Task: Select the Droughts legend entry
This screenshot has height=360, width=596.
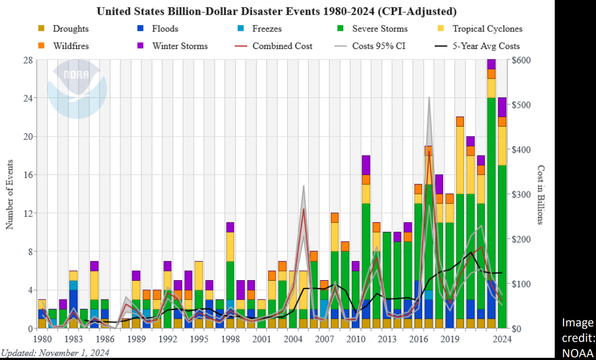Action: click(x=70, y=29)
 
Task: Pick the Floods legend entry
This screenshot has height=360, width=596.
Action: click(x=165, y=29)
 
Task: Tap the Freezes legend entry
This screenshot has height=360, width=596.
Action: click(x=267, y=29)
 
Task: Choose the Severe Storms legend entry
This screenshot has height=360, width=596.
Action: click(x=380, y=29)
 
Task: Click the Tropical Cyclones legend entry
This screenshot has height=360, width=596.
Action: click(x=487, y=29)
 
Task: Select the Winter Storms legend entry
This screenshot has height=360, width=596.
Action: click(x=180, y=46)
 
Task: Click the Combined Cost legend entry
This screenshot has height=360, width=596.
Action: click(x=282, y=46)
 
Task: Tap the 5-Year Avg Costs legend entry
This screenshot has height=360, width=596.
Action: click(x=486, y=46)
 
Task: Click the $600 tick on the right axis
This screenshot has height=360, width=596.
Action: click(x=521, y=60)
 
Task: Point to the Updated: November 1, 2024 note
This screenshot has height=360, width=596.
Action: click(x=55, y=352)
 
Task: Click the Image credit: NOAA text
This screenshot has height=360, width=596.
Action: click(x=578, y=337)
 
